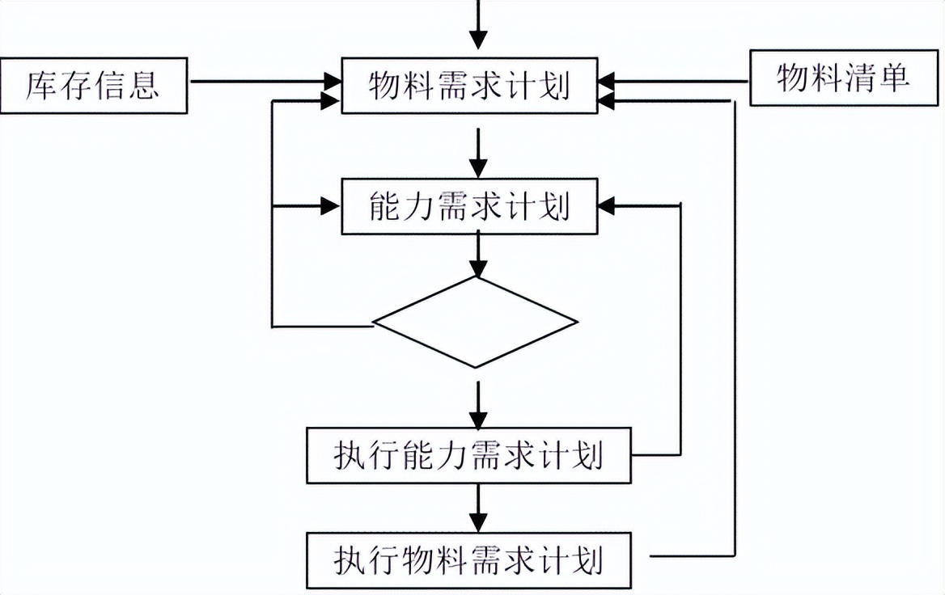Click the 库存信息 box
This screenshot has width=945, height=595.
[93, 84]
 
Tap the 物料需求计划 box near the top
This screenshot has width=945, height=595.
[470, 86]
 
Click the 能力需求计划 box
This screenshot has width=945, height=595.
[470, 206]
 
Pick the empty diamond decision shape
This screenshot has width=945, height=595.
[476, 323]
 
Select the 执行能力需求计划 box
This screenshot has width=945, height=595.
[468, 457]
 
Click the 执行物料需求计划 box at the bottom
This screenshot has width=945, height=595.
[468, 559]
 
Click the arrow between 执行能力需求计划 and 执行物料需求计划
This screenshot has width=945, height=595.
[479, 508]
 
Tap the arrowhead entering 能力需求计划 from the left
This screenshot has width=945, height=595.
[330, 206]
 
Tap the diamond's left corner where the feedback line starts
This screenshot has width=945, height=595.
[375, 324]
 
